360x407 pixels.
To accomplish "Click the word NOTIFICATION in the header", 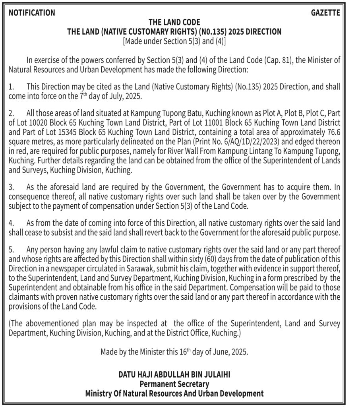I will [x=32, y=13].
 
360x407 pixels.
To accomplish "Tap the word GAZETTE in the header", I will [x=325, y=13].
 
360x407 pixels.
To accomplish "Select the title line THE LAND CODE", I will [x=174, y=22].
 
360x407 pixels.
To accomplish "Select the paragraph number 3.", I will [x=11, y=186].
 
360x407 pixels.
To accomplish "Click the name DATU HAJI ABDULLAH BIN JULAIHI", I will [x=174, y=375].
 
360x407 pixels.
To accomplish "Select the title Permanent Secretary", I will [x=174, y=384].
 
